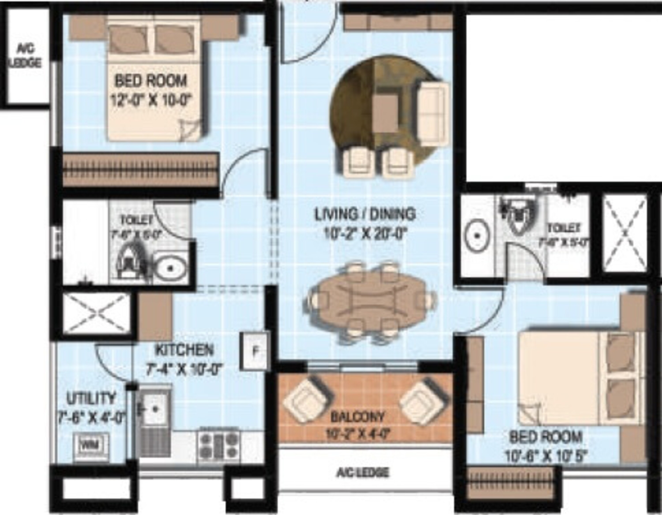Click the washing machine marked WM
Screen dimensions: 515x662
91,445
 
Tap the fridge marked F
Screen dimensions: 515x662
255,351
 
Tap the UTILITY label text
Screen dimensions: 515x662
91,398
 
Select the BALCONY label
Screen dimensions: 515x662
357,417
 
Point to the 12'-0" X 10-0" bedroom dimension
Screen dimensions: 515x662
152,100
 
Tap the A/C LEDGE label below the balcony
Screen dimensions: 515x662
363,472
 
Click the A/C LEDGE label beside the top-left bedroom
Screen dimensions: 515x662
26,56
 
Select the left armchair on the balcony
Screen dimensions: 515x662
306,400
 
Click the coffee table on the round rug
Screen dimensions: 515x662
385,113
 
